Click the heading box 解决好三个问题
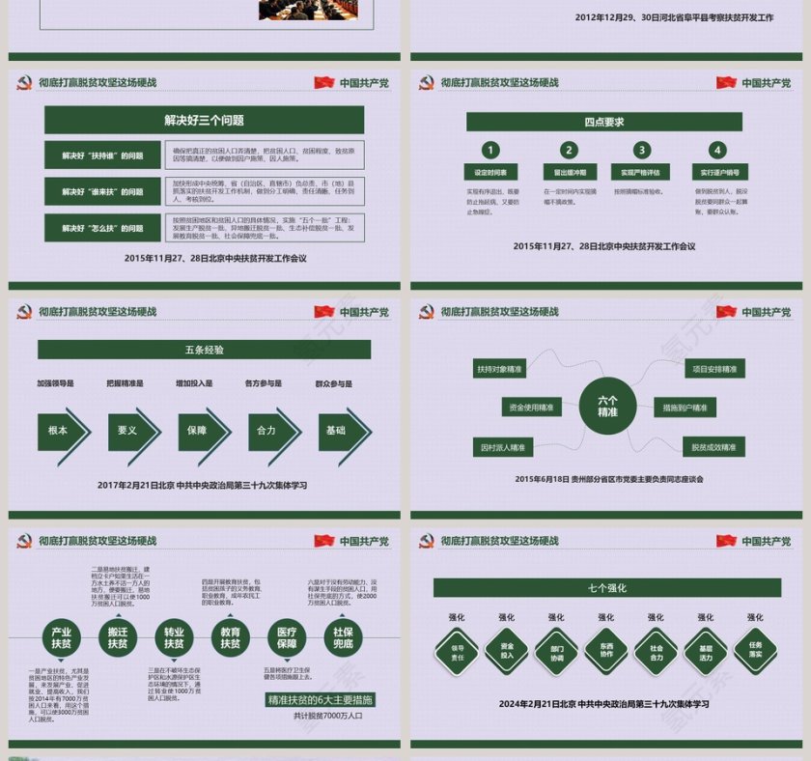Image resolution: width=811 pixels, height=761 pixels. coord(204,120)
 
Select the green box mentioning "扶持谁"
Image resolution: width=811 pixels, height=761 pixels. coord(102,155)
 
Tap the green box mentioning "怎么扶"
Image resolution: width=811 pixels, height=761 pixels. coord(102,228)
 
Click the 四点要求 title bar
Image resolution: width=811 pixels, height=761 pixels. coord(603,122)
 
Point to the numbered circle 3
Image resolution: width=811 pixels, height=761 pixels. coord(642,150)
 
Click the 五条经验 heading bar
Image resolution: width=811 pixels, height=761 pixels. coord(204,349)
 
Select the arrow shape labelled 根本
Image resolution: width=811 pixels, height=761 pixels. coord(61,431)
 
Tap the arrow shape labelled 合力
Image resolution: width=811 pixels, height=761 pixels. coord(269,431)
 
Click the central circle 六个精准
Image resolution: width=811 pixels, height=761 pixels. coord(607,406)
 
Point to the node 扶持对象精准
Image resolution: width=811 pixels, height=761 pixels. coord(499,369)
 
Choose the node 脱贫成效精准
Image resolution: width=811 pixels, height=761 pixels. coord(713,447)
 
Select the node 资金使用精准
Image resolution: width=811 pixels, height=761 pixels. coord(531,408)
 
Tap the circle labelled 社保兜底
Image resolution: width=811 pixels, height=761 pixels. coord(343,638)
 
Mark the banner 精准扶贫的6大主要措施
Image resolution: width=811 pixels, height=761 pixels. coord(321,699)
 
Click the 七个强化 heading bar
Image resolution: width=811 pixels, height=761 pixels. coord(606,587)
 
